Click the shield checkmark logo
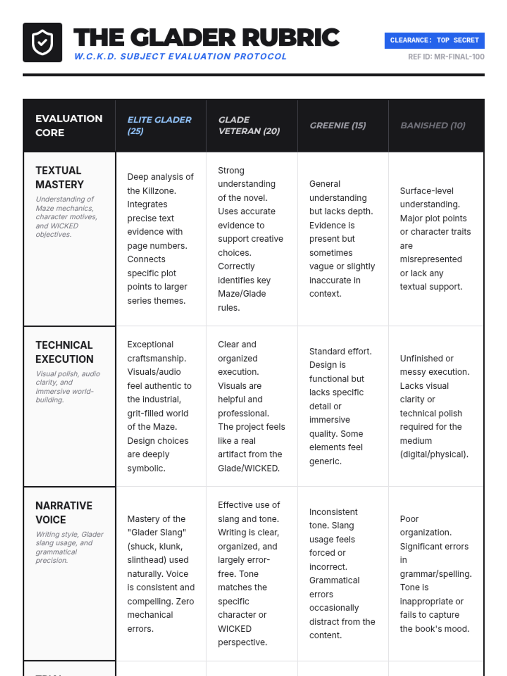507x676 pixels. [x=42, y=42]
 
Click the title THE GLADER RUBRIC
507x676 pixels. [x=206, y=38]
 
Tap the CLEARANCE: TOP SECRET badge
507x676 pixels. [x=434, y=41]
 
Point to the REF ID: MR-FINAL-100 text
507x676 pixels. [x=446, y=57]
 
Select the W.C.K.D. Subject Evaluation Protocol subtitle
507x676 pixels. [x=180, y=57]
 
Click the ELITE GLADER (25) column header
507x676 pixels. [x=159, y=125]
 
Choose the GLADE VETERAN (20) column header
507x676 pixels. [x=249, y=125]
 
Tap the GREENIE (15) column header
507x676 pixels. [x=338, y=125]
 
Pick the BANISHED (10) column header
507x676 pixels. [x=433, y=125]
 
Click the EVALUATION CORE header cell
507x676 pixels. [x=68, y=125]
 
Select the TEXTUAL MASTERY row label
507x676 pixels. [x=60, y=177]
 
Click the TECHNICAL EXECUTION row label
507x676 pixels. [x=64, y=352]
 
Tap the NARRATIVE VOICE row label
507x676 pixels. [x=63, y=512]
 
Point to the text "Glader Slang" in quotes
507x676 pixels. [x=157, y=532]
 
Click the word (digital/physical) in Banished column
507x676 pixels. [x=434, y=454]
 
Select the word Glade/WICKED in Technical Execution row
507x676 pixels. [x=248, y=468]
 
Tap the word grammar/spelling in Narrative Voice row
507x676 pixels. [x=436, y=574]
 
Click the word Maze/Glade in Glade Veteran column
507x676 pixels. [x=242, y=294]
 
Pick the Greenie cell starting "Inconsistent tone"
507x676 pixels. [x=342, y=573]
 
